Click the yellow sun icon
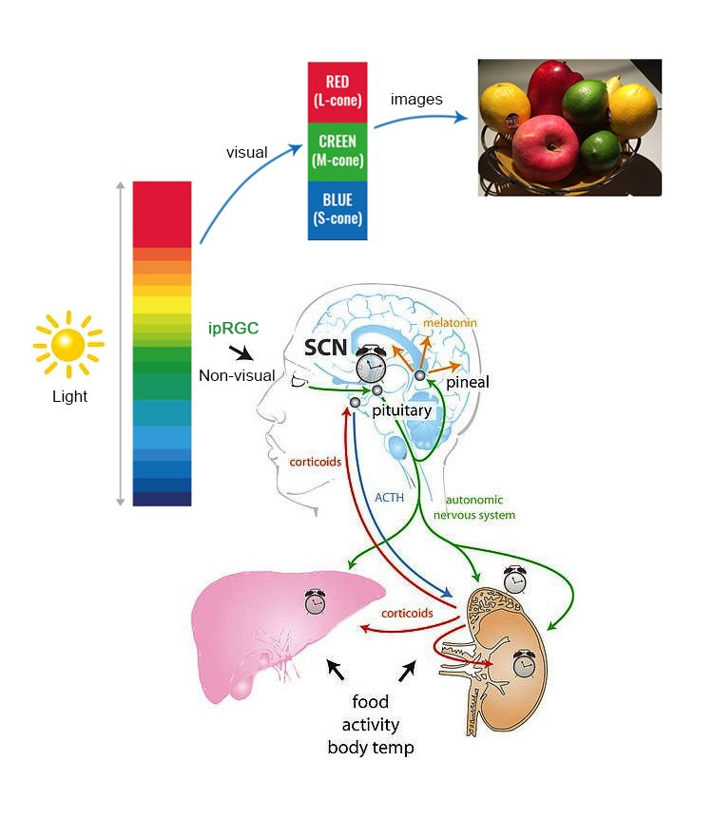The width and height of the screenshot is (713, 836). coord(68,344)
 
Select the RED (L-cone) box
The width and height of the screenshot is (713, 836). coord(337,91)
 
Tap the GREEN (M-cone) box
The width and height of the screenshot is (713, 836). coord(337,150)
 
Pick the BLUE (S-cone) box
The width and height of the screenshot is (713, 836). coord(337,209)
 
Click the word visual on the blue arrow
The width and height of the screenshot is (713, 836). coord(246,152)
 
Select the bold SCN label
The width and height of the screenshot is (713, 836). coord(325,348)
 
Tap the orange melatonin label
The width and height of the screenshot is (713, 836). coord(450,323)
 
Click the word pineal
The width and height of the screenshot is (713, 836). coord(467,381)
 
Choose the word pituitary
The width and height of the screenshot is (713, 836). coord(402,411)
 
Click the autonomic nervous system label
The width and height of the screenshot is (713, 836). coord(473,507)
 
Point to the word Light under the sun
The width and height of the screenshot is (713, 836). coord(69,396)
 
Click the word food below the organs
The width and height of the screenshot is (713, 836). coord(370,703)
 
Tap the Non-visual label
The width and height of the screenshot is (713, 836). coord(237,375)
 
